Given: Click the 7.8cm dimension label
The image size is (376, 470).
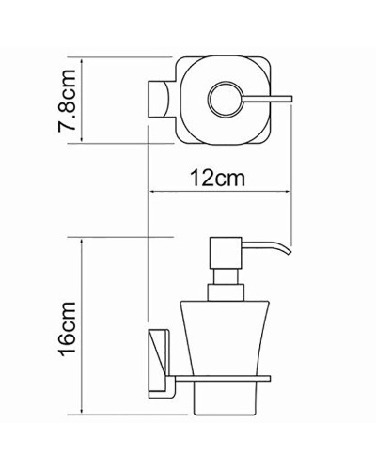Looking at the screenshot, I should [67, 101].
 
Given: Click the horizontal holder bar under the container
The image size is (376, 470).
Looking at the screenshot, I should [226, 381].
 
